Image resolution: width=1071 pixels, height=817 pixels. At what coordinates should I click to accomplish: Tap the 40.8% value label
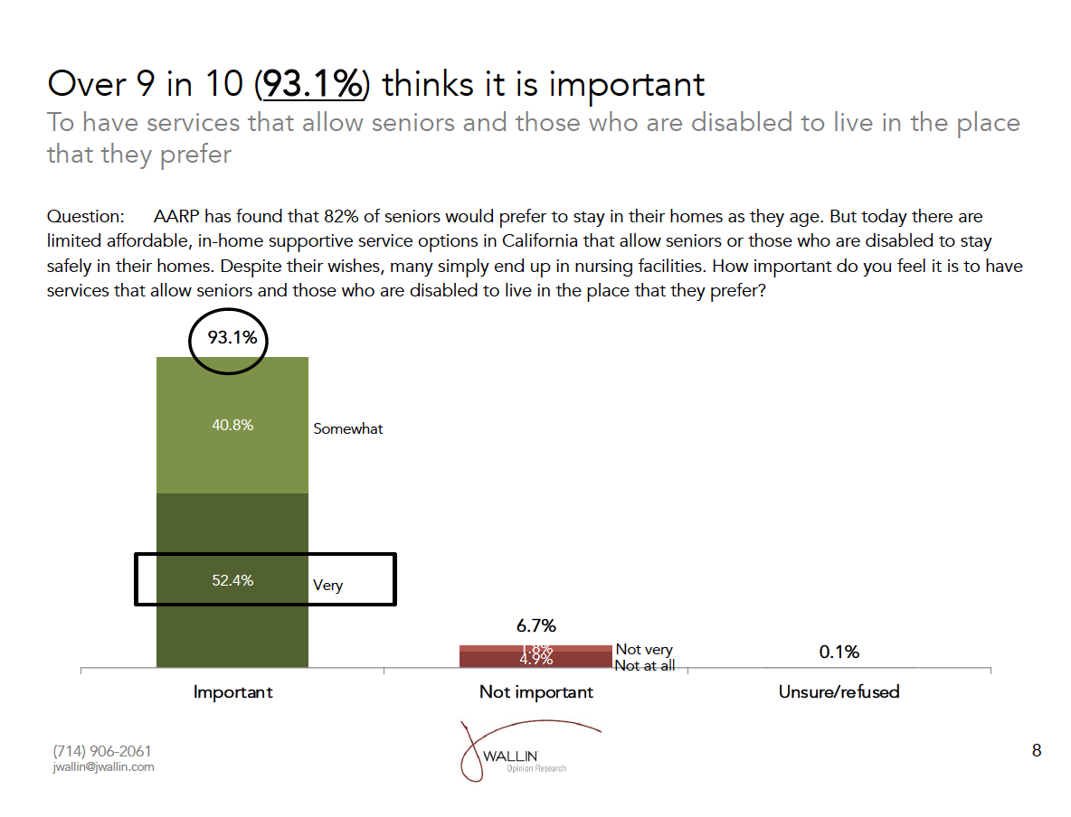[x=232, y=425]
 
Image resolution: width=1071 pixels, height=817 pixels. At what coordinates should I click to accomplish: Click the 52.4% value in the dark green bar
[x=232, y=580]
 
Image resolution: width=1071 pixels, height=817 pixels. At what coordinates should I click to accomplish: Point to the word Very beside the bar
[x=327, y=585]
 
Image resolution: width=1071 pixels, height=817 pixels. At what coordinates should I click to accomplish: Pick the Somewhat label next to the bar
[x=348, y=429]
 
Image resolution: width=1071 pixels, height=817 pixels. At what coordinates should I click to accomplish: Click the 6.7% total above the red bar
[x=535, y=625]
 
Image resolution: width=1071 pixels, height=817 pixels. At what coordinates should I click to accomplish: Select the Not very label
[x=644, y=649]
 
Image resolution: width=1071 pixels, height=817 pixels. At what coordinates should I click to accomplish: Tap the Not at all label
[x=644, y=666]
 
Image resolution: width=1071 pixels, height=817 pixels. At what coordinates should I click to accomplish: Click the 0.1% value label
[x=839, y=652]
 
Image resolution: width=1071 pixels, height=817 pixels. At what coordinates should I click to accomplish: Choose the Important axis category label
[x=232, y=692]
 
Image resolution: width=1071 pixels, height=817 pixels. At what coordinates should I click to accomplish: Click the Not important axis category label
[x=536, y=692]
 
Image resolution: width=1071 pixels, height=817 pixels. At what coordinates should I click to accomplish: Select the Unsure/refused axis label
[x=839, y=692]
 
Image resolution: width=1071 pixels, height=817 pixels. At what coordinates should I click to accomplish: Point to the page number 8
[x=1037, y=750]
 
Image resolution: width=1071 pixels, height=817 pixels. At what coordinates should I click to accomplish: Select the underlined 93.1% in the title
[x=312, y=84]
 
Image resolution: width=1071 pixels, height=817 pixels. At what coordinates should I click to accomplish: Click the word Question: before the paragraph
[x=85, y=217]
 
